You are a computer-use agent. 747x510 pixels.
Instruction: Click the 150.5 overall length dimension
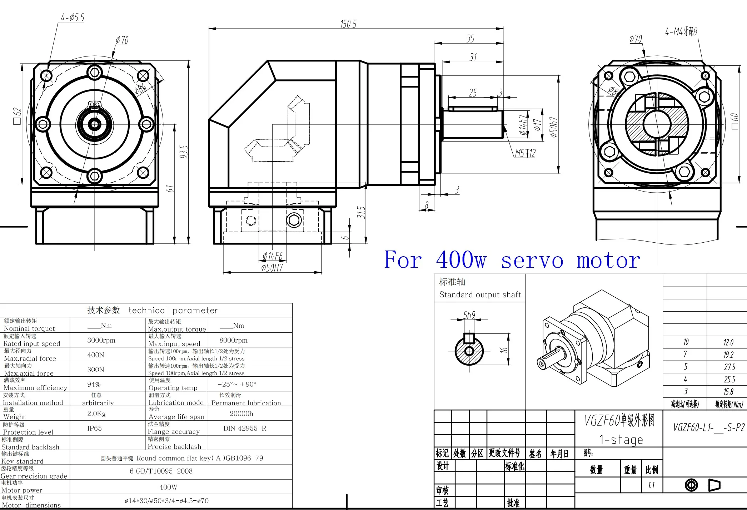click(348, 24)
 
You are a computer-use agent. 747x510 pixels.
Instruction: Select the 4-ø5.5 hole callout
click(73, 18)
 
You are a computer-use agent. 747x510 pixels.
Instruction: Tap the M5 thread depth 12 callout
click(525, 154)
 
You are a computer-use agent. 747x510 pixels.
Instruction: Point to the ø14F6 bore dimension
click(273, 256)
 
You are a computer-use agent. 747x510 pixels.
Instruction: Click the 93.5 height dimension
click(183, 152)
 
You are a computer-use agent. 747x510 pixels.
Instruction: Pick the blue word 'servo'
click(532, 260)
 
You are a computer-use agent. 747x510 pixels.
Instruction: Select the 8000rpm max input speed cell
click(233, 340)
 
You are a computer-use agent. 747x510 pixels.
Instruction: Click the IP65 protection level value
click(94, 428)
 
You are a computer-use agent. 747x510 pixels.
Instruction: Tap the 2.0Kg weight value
click(96, 414)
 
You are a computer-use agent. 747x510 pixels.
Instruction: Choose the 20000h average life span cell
click(241, 414)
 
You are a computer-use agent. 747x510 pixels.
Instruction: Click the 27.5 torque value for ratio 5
click(729, 367)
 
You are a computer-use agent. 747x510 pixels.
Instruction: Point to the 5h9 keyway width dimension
click(469, 315)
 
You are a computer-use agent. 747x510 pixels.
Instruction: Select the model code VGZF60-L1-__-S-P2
click(709, 427)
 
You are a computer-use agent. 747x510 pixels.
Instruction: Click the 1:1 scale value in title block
click(651, 485)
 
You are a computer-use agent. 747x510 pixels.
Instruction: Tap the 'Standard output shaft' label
click(480, 294)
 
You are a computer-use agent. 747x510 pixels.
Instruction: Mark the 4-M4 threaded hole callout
click(681, 32)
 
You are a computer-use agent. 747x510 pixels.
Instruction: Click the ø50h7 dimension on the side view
click(553, 127)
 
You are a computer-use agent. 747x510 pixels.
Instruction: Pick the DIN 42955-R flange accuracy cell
click(245, 428)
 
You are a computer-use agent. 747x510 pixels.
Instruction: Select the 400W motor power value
click(168, 487)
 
